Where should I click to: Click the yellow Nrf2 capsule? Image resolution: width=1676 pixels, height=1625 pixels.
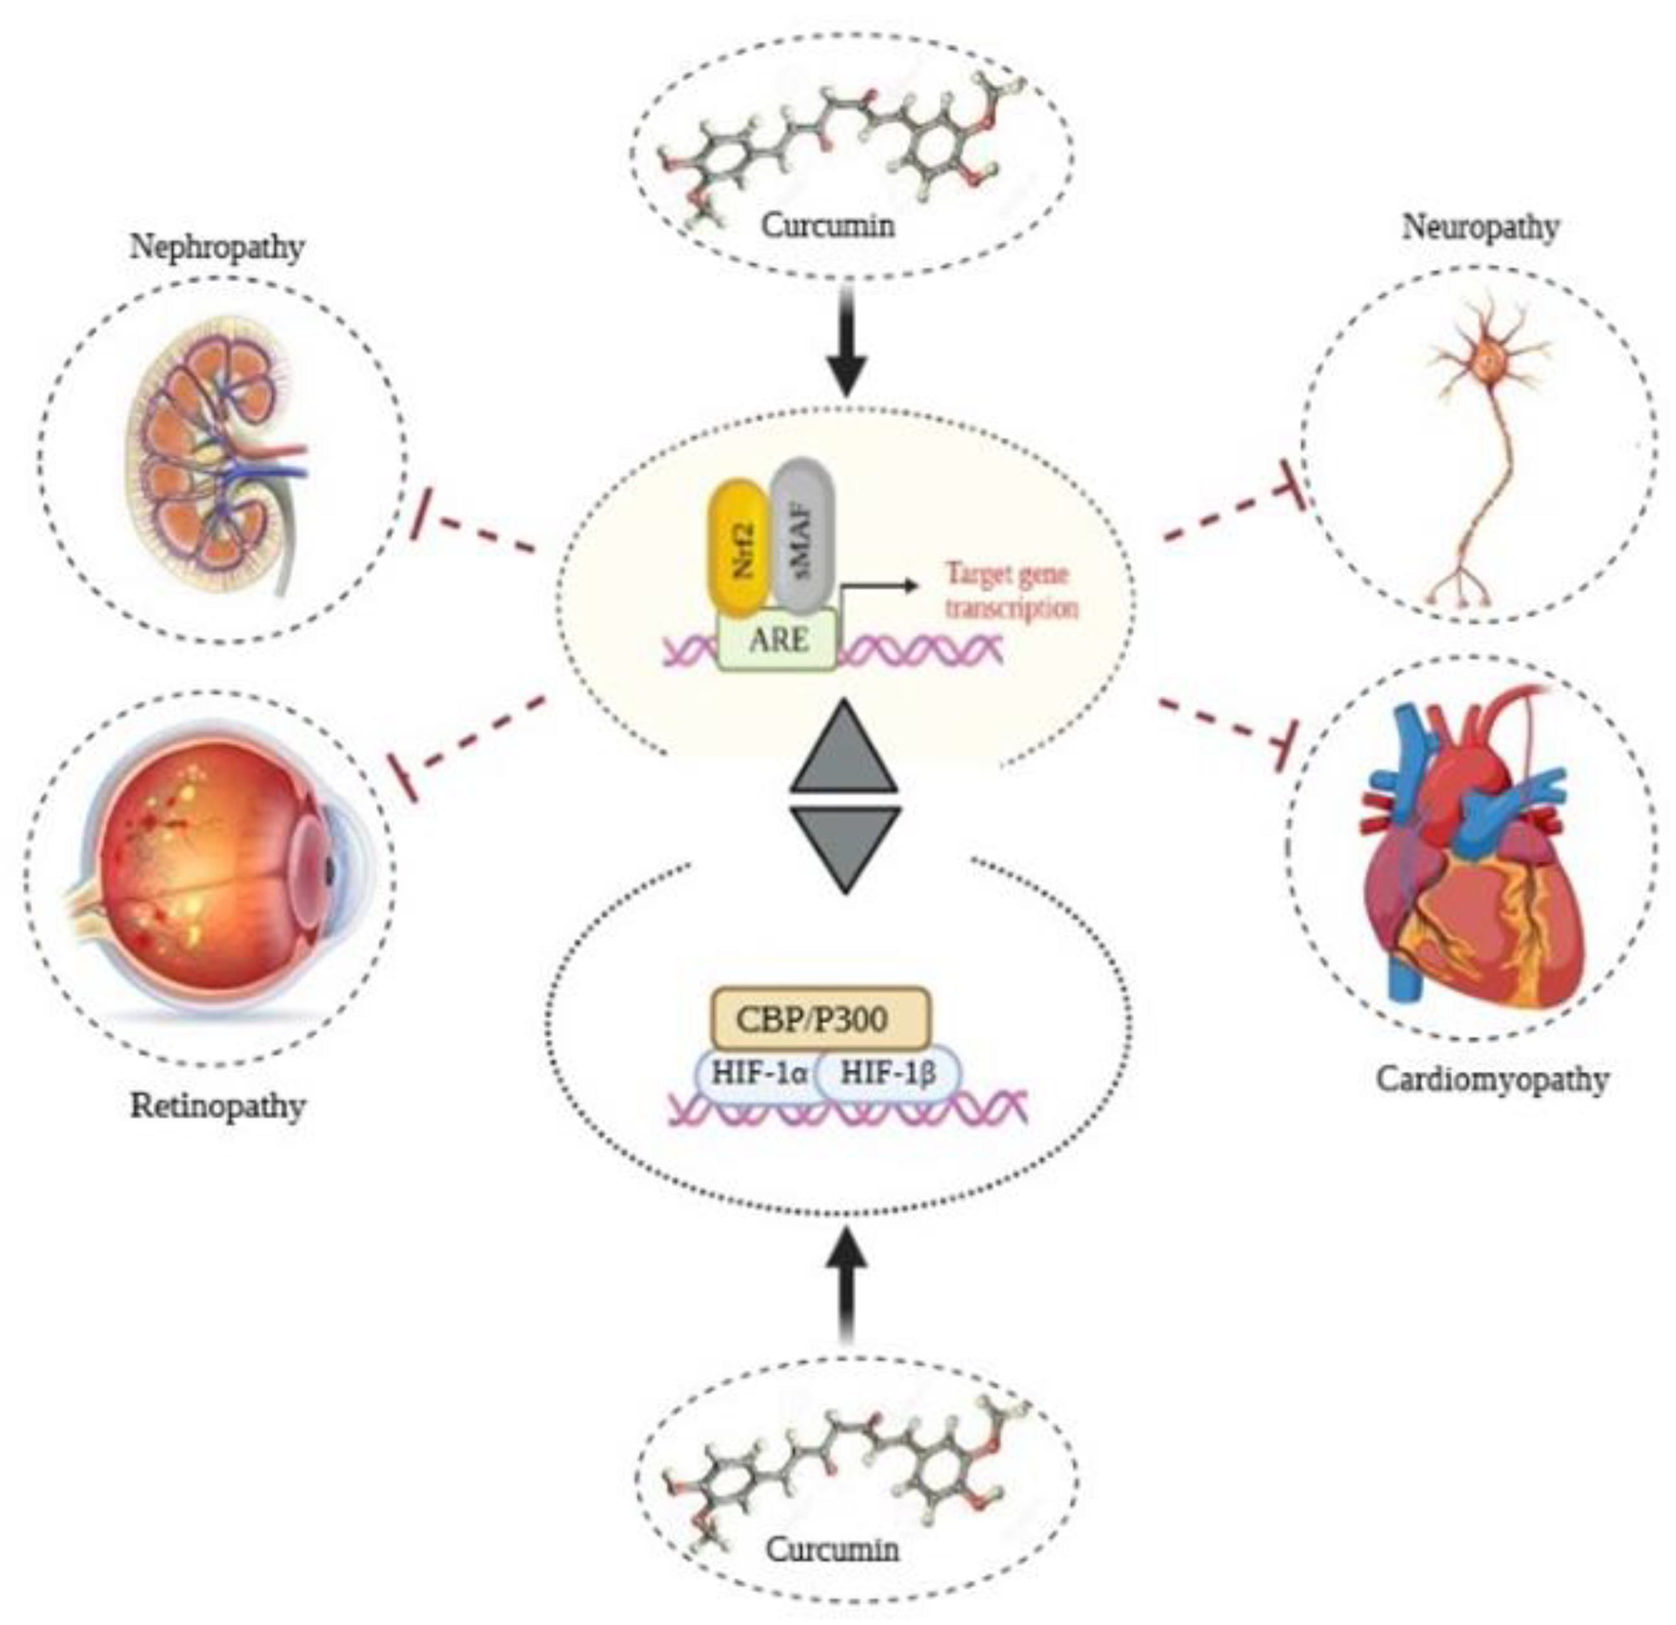736,547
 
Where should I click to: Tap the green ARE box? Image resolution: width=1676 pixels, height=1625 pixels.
777,640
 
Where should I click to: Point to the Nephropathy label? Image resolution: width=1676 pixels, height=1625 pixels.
218,247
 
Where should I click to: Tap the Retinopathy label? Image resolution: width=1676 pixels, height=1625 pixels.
218,1106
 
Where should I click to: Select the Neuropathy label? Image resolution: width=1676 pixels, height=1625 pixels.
1480,227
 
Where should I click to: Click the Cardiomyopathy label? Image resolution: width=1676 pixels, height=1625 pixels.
1492,1079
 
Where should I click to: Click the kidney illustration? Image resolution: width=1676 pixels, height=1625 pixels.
214,453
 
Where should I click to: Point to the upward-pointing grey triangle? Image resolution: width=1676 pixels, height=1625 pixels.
845,748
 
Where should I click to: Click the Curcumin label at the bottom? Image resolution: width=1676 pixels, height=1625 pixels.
832,1549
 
